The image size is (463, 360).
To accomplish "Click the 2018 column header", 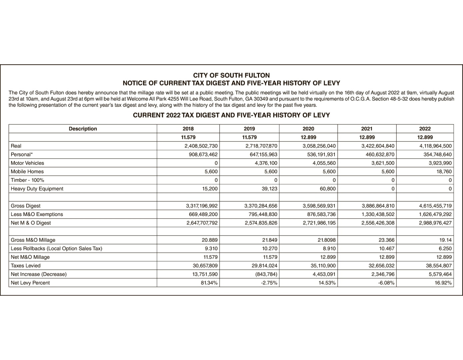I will [x=188, y=129].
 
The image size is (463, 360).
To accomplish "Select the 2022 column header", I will [x=425, y=129].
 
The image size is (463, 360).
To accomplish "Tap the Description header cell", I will [x=83, y=129].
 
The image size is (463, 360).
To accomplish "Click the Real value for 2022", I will [x=435, y=146].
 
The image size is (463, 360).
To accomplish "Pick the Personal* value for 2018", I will [x=203, y=155].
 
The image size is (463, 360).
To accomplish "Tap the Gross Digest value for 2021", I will [x=378, y=206].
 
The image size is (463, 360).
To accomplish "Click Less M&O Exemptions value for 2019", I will [x=261, y=214].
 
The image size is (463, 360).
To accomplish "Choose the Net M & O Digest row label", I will [x=31, y=223].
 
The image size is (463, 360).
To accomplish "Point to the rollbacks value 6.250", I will [x=444, y=249].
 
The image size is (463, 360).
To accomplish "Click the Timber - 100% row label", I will [x=27, y=180].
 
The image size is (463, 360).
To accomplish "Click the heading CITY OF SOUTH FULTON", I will [x=231, y=75].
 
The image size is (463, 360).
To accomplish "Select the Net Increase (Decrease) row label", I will [x=39, y=274].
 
